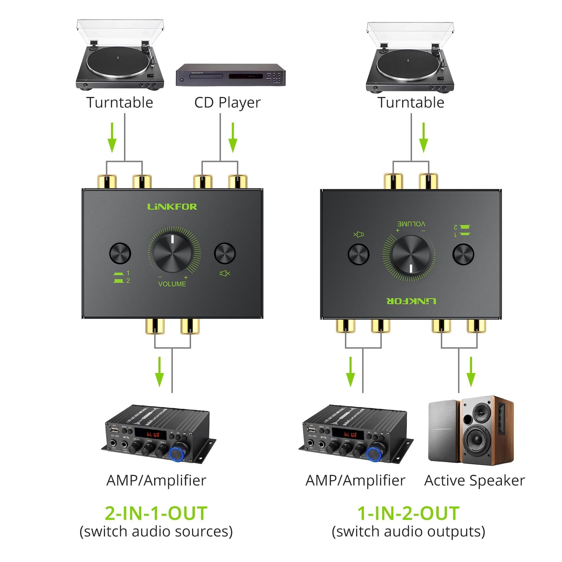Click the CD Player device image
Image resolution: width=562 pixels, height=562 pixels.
click(x=230, y=75)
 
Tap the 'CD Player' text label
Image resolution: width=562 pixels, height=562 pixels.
click(x=227, y=103)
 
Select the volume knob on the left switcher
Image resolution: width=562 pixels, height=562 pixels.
click(x=172, y=253)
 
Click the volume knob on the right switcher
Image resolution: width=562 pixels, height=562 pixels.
click(x=411, y=254)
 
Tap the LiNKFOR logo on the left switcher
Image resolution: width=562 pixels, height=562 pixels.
click(x=172, y=207)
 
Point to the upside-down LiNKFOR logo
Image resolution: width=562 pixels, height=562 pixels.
click(x=411, y=301)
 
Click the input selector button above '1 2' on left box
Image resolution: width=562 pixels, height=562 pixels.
click(x=120, y=253)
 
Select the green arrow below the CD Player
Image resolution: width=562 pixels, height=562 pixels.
click(x=233, y=138)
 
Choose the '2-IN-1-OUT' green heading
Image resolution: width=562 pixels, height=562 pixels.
click(x=156, y=513)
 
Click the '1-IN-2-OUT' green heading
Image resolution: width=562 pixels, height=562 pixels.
click(x=409, y=513)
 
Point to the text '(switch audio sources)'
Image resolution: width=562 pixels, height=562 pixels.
click(x=156, y=531)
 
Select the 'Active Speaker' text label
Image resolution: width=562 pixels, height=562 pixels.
click(x=475, y=481)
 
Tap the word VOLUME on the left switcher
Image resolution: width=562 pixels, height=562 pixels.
click(x=172, y=284)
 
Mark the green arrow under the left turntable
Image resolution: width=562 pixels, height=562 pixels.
click(x=112, y=138)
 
